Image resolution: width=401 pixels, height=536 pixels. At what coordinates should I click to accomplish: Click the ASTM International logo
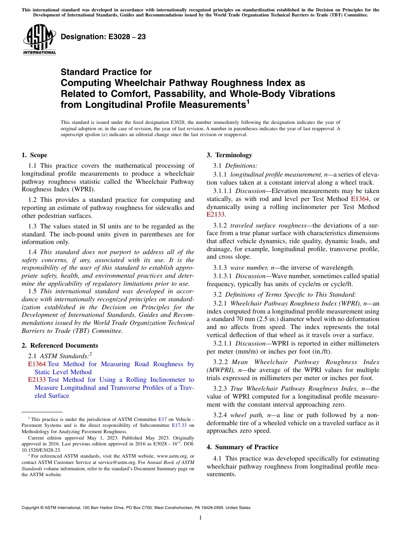(x=39, y=39)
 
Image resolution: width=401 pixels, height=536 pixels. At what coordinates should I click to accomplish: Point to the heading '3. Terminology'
(x=229, y=155)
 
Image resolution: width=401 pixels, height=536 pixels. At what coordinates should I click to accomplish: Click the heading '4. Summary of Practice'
(x=242, y=447)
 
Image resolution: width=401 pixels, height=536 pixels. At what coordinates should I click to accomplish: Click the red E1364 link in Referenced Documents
(x=37, y=364)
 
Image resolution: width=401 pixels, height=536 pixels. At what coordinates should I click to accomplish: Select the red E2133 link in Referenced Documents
(x=37, y=380)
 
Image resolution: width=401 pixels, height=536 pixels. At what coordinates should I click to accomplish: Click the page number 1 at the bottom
(x=200, y=518)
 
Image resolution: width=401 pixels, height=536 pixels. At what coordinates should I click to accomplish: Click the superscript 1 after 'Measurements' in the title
(x=248, y=102)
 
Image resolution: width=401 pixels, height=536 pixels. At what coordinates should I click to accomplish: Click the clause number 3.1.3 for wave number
(x=220, y=268)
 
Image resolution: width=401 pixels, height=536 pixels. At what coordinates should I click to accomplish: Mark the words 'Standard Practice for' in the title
(x=106, y=72)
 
